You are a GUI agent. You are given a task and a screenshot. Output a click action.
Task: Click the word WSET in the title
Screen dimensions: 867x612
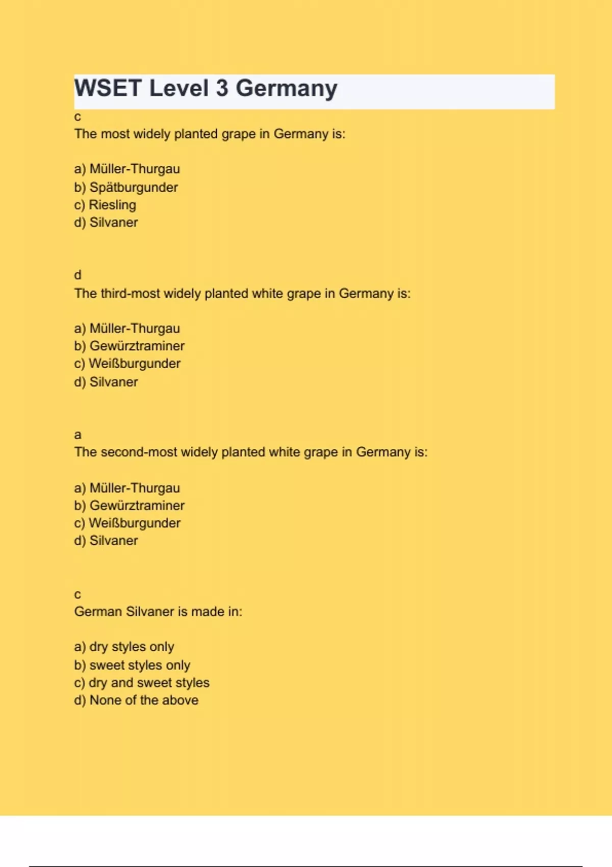108,88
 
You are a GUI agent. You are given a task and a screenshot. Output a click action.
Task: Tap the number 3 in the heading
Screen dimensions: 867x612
222,88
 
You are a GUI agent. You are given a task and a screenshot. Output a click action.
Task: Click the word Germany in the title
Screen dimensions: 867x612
286,89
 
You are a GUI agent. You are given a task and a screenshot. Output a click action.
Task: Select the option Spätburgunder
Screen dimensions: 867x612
133,187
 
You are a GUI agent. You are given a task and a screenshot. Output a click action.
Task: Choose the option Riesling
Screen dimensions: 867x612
112,205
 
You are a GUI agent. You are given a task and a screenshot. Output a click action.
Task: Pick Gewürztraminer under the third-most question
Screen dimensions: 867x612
137,346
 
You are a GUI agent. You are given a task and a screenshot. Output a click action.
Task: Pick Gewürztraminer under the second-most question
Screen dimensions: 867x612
137,505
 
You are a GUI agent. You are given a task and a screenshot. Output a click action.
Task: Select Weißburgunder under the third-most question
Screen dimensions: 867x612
135,364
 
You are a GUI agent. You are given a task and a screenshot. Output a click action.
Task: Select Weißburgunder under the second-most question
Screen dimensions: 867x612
135,523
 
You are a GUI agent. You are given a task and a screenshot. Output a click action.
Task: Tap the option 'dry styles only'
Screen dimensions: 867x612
132,647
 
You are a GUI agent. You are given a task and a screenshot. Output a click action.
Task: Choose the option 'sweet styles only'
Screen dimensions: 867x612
140,665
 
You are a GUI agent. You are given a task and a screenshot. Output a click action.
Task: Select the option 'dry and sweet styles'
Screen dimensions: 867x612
149,683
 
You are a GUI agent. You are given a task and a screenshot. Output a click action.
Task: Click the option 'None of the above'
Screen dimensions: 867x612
144,700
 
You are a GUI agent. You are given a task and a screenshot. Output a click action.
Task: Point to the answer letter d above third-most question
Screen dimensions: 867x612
78,275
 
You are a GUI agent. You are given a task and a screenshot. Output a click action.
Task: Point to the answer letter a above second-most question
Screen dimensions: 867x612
78,435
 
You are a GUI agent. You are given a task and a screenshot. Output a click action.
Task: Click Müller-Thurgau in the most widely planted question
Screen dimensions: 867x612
134,169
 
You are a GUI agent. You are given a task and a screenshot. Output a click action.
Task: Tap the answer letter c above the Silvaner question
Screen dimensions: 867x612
78,595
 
